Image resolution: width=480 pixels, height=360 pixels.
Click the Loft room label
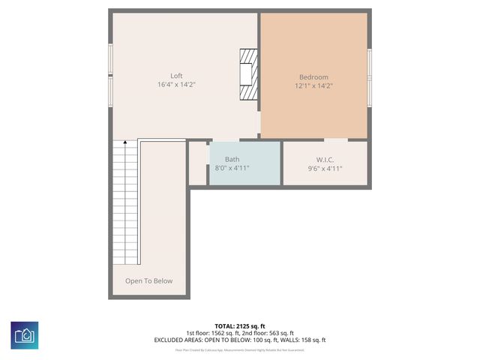point(176,76)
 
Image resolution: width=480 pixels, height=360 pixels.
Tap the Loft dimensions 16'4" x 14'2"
point(176,85)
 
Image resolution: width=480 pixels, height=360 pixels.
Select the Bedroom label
point(313,76)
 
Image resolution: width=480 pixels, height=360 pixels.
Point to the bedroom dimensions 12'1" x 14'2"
point(313,86)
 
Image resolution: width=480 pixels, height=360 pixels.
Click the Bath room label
point(232,159)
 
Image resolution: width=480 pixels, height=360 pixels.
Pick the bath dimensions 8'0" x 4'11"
point(232,169)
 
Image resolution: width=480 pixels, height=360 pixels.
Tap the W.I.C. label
point(325,159)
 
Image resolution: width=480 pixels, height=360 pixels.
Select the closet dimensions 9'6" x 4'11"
point(325,169)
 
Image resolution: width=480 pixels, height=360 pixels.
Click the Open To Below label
point(148,281)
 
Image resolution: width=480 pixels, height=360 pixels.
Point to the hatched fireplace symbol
point(248,74)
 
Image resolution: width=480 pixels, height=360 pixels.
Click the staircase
point(126,202)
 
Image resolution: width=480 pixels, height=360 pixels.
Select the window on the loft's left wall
point(110,74)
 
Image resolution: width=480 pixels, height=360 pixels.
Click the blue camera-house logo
point(24,334)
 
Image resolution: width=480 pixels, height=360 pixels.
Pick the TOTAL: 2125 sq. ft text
point(239,325)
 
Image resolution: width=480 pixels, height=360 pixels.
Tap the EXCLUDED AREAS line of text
point(239,340)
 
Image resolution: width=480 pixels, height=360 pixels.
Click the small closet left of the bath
point(198,163)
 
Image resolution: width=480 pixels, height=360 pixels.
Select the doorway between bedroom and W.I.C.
point(335,139)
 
